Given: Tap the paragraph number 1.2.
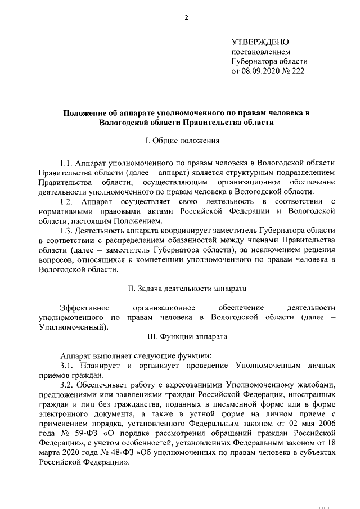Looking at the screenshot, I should pyautogui.click(x=67, y=201).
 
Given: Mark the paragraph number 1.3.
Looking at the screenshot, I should pyautogui.click(x=67, y=230).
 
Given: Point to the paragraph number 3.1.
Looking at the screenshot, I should pyautogui.click(x=67, y=366).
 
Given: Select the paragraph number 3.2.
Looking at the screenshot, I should pyautogui.click(x=67, y=385).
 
